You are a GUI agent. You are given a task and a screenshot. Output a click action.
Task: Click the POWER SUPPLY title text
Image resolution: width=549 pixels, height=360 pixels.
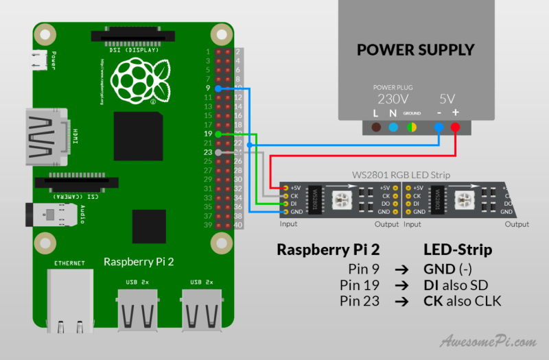click(415, 50)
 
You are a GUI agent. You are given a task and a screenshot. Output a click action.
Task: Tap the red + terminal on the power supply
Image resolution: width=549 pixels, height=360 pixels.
click(455, 127)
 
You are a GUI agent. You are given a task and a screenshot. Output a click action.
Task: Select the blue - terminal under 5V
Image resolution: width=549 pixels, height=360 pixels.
click(439, 127)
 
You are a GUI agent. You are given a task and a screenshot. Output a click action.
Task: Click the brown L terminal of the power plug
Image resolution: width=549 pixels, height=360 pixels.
click(376, 127)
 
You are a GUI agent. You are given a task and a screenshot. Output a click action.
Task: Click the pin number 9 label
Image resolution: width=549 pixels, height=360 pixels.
click(208, 88)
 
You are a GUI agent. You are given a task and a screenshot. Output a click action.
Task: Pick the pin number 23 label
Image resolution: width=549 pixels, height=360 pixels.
click(208, 152)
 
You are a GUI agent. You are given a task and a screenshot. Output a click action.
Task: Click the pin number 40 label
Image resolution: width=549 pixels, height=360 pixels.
click(238, 225)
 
